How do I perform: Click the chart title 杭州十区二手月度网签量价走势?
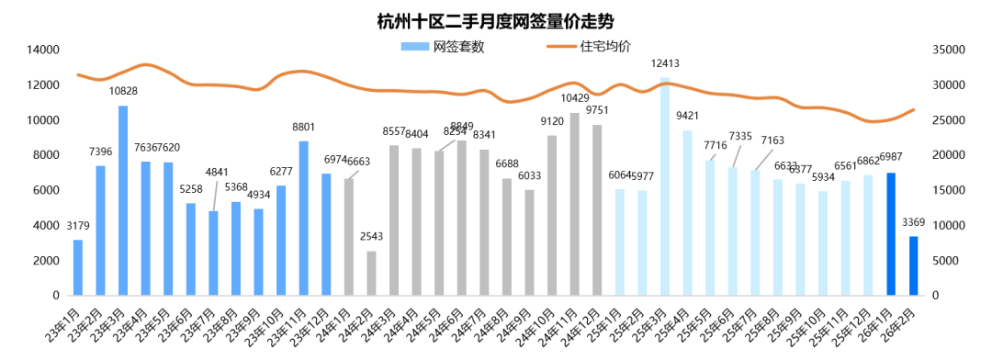coord(496,19)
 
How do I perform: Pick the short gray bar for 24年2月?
coord(371,273)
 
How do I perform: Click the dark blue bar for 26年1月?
coord(891,234)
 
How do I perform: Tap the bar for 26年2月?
coord(913,265)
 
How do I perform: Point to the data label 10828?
coord(123,91)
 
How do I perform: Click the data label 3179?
coord(78,226)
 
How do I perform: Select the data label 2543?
coord(372,237)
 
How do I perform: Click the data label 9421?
coord(687,115)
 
